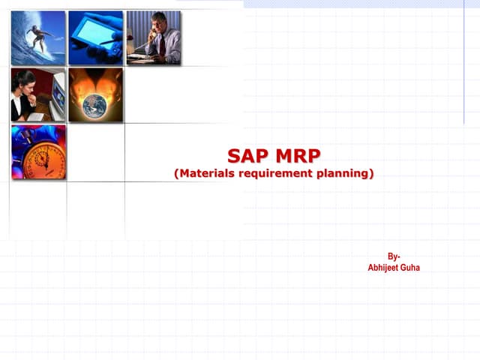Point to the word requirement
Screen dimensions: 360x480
tap(278, 173)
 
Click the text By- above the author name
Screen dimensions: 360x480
tap(394, 256)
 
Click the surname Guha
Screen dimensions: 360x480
tap(409, 267)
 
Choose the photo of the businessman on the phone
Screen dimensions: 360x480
tap(153, 37)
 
